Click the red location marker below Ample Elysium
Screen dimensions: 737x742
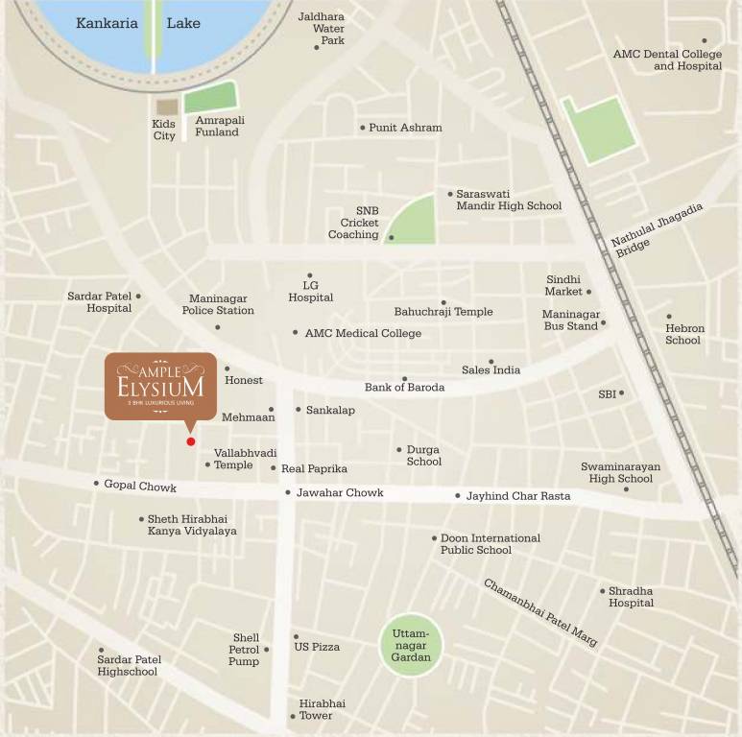pos(191,441)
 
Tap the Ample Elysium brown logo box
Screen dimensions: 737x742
pos(160,386)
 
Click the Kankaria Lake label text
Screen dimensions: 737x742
pos(138,22)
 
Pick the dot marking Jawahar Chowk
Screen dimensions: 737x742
pos(288,493)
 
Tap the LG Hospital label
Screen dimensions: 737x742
pos(310,292)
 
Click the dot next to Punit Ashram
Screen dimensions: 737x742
pos(363,128)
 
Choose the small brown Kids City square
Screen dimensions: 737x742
pos(167,107)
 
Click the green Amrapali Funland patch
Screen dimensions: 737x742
pos(211,98)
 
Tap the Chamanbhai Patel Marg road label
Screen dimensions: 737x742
pos(540,612)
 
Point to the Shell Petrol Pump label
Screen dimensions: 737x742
pos(244,650)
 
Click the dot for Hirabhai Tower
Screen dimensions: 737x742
pos(293,717)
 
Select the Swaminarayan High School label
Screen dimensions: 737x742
pos(620,473)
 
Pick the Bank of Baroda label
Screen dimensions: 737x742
pos(404,388)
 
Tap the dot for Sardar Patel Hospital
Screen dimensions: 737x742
pos(138,297)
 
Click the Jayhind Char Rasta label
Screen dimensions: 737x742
pos(518,496)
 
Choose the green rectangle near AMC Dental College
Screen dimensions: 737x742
pos(600,128)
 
